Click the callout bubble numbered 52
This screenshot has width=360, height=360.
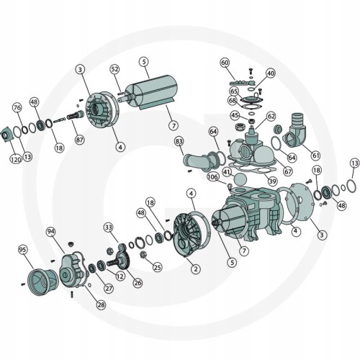(114, 69)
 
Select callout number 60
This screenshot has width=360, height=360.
(225, 63)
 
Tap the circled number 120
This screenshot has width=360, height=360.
(16, 159)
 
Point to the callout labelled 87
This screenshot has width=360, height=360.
(80, 140)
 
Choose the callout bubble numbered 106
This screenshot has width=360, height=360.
(213, 177)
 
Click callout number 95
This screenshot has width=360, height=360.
(22, 250)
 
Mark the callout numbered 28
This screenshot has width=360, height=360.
(102, 305)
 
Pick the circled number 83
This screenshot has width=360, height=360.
(179, 141)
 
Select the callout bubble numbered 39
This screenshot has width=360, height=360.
(272, 181)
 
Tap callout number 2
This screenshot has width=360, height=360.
(196, 269)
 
